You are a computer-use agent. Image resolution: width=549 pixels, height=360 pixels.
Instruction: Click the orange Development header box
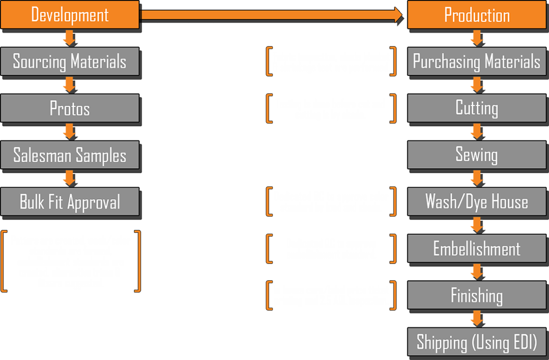click(69, 14)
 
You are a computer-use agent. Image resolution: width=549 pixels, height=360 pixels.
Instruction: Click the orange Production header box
click(477, 14)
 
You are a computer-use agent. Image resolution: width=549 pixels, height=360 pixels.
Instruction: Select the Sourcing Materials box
click(69, 61)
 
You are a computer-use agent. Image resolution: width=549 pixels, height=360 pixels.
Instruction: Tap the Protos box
click(69, 108)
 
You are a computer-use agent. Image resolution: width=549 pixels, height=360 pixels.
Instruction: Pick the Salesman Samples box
click(69, 155)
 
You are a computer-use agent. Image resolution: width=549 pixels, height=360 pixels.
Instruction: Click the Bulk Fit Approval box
click(69, 201)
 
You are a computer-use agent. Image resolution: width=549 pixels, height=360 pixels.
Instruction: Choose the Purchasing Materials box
click(477, 61)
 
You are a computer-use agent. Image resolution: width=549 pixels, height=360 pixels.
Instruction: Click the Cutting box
click(477, 108)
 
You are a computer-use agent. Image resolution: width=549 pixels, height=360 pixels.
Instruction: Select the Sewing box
click(477, 155)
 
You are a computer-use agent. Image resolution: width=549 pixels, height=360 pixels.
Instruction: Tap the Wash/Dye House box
click(477, 201)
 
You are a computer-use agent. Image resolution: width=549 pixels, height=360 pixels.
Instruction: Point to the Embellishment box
click(477, 249)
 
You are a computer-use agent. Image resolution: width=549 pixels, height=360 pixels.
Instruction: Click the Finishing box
click(477, 295)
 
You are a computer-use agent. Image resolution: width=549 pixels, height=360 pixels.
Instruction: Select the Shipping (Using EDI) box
click(477, 342)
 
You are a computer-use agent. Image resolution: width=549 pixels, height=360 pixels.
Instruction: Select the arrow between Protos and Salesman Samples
click(68, 132)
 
